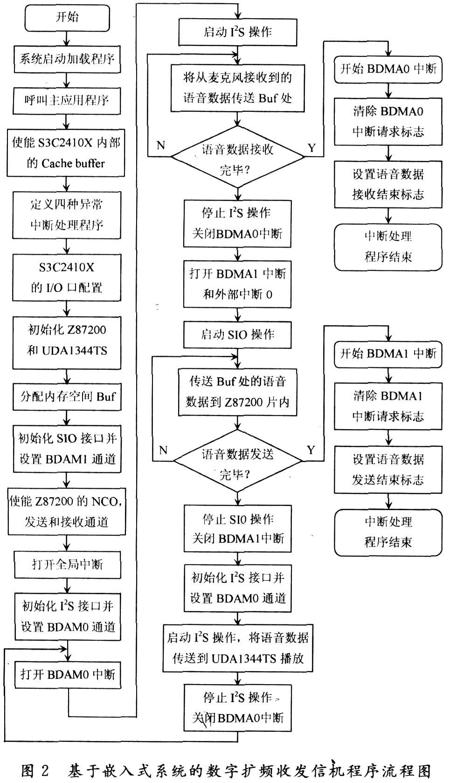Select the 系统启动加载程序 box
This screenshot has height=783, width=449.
[x=67, y=59]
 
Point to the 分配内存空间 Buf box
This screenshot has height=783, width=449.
[x=67, y=397]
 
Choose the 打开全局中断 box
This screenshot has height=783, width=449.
[x=67, y=564]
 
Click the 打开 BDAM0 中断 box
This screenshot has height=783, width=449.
[x=67, y=674]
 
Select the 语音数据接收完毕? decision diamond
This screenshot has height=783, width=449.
[x=238, y=159]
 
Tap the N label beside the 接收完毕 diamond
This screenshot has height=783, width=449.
[x=161, y=146]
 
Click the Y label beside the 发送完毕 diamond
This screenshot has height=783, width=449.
[x=311, y=450]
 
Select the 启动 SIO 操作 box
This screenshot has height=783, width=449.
[x=238, y=335]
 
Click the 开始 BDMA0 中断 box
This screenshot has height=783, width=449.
[x=388, y=69]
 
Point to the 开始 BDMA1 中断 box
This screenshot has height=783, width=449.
[x=388, y=353]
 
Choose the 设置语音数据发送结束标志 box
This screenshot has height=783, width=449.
[x=388, y=469]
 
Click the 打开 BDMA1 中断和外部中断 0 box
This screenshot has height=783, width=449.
[x=238, y=284]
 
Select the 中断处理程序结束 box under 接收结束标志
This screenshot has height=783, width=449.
[x=388, y=247]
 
